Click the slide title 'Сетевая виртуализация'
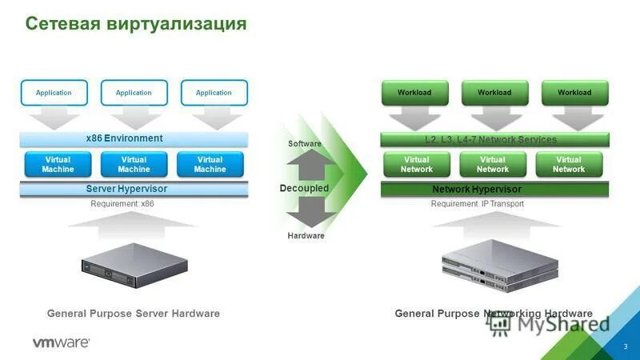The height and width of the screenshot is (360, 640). click(x=136, y=24)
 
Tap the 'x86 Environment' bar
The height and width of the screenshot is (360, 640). click(x=134, y=138)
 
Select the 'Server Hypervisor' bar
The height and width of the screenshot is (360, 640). click(x=134, y=189)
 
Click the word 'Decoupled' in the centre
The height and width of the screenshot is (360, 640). click(x=304, y=188)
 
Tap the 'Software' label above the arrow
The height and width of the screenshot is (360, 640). click(x=304, y=144)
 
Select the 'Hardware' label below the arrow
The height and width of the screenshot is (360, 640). click(x=306, y=236)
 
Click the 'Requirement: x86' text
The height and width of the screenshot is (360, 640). click(x=122, y=204)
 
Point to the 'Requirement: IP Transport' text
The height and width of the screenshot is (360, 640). click(x=478, y=204)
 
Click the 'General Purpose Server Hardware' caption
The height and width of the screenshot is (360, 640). click(x=134, y=314)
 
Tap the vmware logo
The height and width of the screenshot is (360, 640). click(x=61, y=342)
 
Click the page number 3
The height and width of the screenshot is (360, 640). click(x=626, y=346)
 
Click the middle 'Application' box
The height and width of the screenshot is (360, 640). click(x=134, y=93)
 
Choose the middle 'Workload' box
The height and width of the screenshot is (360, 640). click(x=494, y=93)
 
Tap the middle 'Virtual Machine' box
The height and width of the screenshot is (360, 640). click(x=134, y=164)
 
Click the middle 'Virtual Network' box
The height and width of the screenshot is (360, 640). click(x=493, y=164)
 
